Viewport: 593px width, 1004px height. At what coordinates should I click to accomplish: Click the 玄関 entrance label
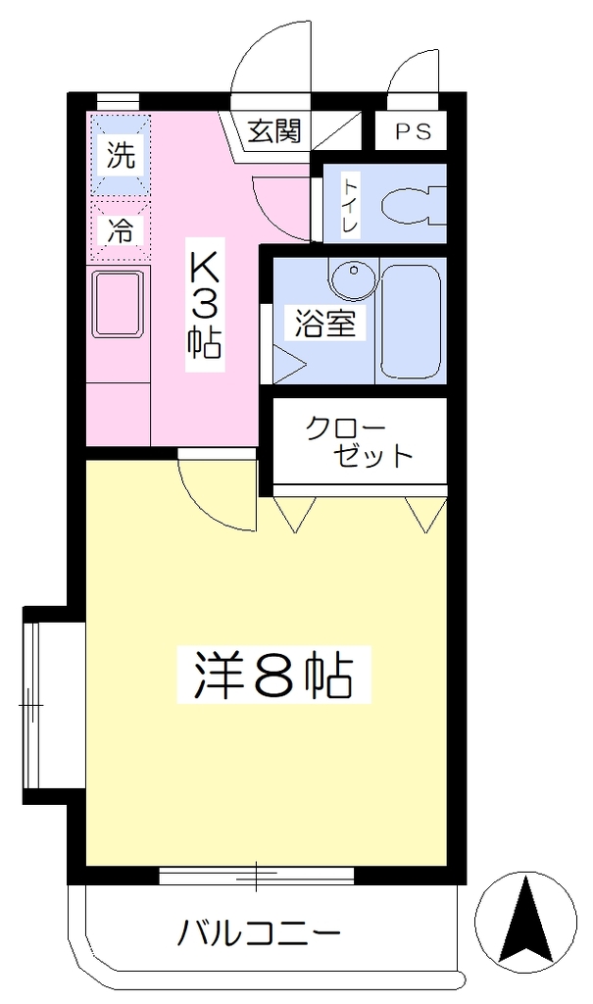(274, 131)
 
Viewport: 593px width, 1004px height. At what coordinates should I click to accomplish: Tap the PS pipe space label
(413, 131)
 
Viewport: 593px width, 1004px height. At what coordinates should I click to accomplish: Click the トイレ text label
(351, 205)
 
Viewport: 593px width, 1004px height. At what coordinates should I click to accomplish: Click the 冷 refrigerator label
(121, 230)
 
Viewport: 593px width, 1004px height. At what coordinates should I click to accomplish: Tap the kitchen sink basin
(118, 304)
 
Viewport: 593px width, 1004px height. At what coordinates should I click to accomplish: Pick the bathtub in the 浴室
(411, 322)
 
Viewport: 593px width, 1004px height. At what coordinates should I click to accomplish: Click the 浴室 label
(324, 324)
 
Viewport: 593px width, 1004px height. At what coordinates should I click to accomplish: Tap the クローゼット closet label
(358, 441)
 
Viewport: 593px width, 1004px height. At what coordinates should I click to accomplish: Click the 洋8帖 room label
(274, 676)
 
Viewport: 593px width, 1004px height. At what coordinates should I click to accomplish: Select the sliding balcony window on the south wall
(256, 876)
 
